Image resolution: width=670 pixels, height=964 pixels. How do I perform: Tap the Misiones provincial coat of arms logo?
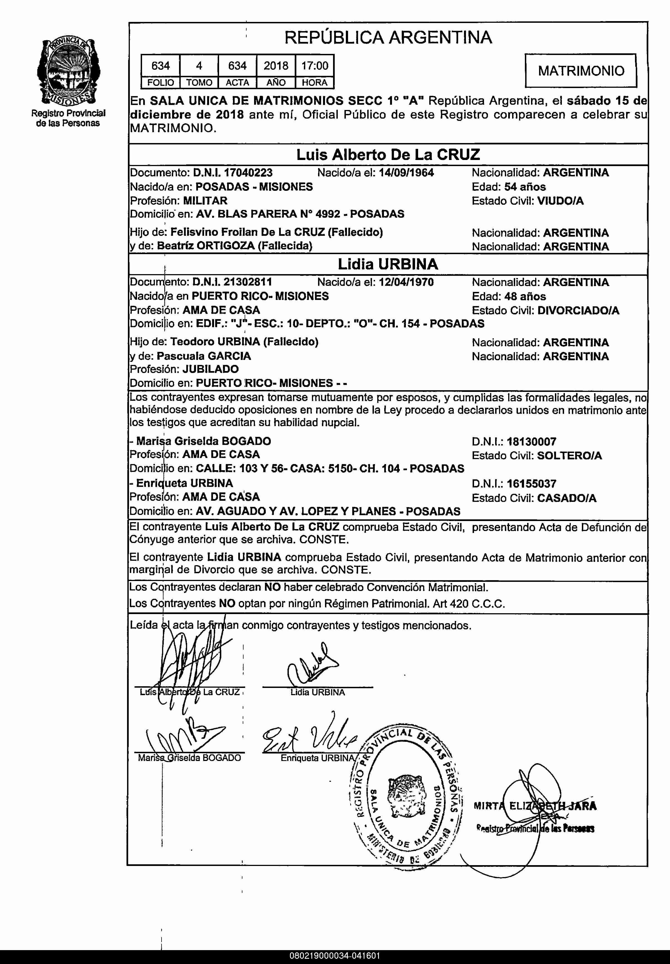coord(67,71)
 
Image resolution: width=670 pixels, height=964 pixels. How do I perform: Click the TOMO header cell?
coord(199,82)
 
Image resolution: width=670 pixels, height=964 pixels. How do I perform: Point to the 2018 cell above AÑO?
coord(276,66)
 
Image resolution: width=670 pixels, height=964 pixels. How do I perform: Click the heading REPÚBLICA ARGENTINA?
coord(388,37)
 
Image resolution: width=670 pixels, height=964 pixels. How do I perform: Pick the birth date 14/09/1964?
coord(406,173)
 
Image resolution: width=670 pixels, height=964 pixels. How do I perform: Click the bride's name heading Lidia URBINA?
coord(388,264)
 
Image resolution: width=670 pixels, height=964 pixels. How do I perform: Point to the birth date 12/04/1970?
coord(406,282)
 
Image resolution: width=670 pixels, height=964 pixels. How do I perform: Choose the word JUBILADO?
coord(210,369)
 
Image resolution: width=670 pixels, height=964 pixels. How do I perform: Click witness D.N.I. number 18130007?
coord(532,442)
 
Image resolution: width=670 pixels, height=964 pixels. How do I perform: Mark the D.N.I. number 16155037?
coord(532,484)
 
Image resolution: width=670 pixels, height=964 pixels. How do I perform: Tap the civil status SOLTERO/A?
coord(569,455)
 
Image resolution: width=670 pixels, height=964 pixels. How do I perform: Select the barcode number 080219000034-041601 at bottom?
coord(334,956)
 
